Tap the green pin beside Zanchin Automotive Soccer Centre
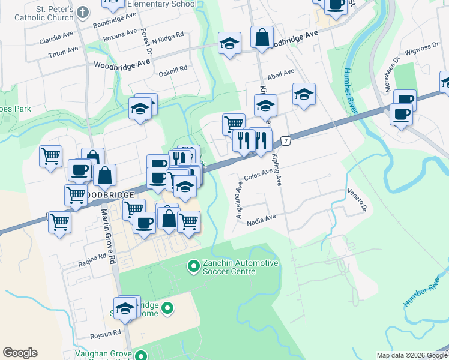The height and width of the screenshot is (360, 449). coord(193,265)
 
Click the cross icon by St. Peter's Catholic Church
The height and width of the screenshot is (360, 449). coord(83,11)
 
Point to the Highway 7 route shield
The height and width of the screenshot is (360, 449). coord(286,141)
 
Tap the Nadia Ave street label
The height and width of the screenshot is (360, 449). coord(261,219)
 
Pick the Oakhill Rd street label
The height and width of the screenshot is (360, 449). coord(173,70)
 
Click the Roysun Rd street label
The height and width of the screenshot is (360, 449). coord(106,332)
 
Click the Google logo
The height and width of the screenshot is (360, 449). coord(20,353)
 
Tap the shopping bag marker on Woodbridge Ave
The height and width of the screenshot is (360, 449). coord(262,38)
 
